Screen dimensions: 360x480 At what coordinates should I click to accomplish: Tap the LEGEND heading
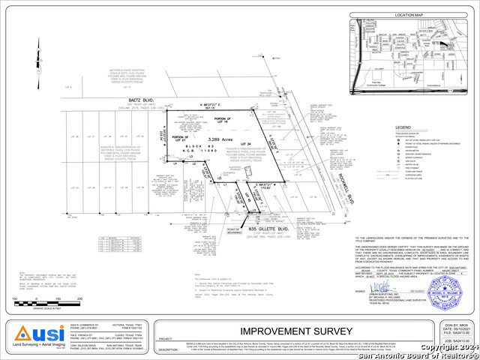[403, 127]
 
